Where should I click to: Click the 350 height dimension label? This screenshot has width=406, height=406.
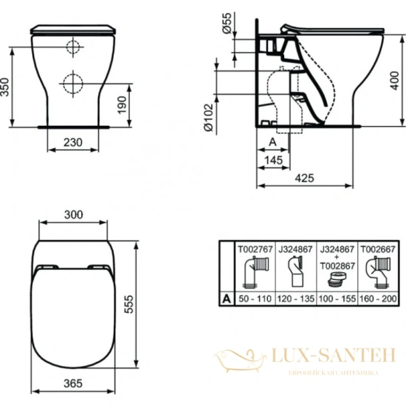click(x=5, y=86)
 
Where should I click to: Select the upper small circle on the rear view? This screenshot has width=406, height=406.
click(x=72, y=47)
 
